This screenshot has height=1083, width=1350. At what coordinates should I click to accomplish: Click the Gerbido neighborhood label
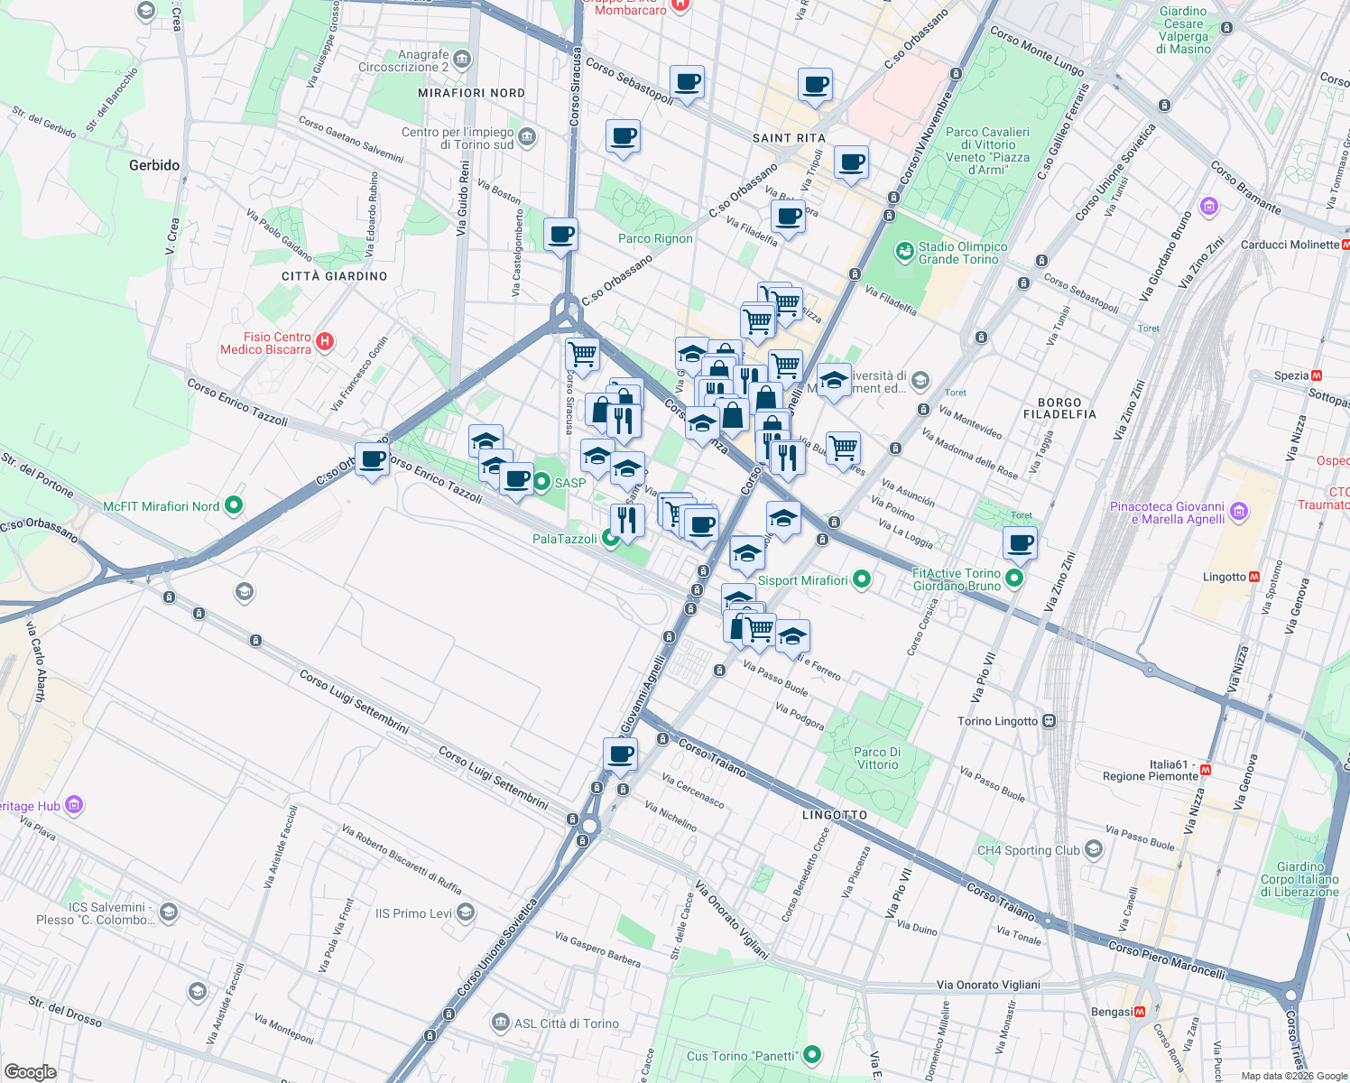[154, 165]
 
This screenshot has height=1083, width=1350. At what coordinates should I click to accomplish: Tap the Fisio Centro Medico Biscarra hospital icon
[326, 342]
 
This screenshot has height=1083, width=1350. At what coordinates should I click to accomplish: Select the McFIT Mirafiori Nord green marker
[234, 505]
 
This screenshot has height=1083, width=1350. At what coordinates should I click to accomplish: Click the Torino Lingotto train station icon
[1049, 721]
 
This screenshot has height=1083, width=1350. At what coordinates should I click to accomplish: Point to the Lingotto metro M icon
[1253, 577]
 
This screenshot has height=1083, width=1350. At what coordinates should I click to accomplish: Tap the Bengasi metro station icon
[1140, 1012]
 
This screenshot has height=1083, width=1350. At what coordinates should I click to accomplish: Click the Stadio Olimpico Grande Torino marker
[904, 252]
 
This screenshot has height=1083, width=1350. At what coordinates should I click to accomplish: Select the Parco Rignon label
[655, 238]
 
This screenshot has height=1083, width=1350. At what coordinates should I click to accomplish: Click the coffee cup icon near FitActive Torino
[1020, 543]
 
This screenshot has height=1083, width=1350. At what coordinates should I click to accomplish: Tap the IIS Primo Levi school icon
[465, 913]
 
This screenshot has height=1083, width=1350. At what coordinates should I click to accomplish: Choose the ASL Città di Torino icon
[501, 1023]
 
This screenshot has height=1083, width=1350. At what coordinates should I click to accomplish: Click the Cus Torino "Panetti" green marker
[812, 1054]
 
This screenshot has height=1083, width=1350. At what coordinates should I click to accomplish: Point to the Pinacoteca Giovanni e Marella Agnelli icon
[1239, 513]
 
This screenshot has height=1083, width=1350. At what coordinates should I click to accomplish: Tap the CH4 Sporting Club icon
[1094, 849]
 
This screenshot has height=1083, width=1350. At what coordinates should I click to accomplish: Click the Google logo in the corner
[30, 1071]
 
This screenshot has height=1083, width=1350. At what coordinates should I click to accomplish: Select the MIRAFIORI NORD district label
[471, 93]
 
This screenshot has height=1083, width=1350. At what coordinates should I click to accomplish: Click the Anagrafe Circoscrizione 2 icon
[462, 60]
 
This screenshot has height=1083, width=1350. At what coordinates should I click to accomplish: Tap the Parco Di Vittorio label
[877, 758]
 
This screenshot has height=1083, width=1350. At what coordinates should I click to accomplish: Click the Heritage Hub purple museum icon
[74, 804]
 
